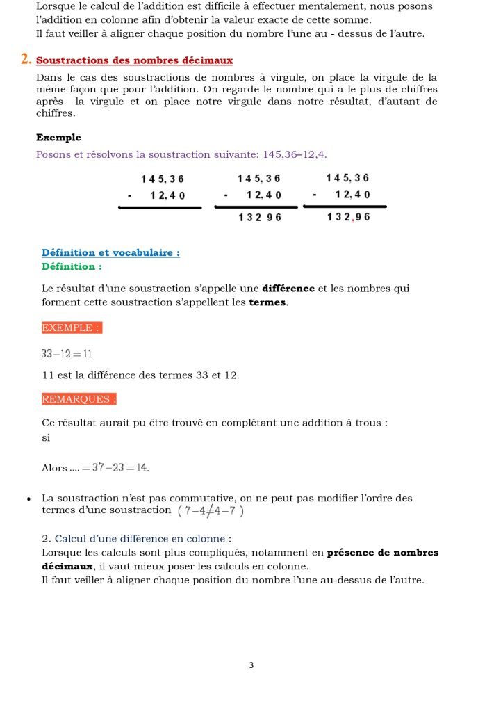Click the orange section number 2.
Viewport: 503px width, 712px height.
pos(26,60)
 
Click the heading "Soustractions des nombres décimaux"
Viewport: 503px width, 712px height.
pos(134,61)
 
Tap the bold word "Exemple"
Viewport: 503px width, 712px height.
pos(58,138)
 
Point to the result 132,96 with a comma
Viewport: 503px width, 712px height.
pos(348,217)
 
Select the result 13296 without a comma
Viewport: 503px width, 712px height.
pos(259,218)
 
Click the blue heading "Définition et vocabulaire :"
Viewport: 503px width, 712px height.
pos(110,253)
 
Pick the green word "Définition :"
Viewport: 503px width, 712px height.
pos(72,266)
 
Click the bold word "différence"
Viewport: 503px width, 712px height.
pos(288,289)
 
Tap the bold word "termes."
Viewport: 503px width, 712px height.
pos(267,302)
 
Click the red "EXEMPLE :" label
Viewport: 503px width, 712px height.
pos(72,327)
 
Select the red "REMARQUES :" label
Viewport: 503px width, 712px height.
pos(79,399)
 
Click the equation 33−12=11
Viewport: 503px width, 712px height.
pos(67,354)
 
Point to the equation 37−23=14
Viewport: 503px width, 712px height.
pos(115,468)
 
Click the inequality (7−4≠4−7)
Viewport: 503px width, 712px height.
pos(211,511)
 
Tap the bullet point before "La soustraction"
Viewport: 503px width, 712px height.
pos(28,499)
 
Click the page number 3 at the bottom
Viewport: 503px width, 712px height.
pos(251,665)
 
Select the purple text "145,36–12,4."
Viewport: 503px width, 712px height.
pos(295,154)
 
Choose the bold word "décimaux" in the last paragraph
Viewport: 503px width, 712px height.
pos(67,566)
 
